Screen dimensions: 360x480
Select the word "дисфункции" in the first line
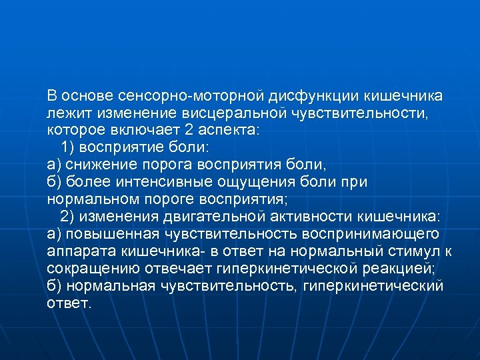click(x=314, y=95)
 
